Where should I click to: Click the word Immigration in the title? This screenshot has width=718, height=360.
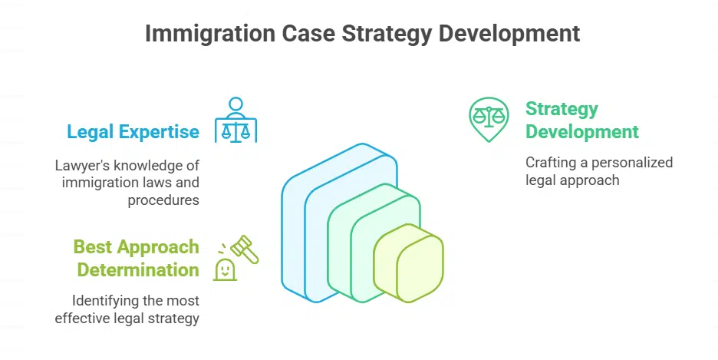click(209, 34)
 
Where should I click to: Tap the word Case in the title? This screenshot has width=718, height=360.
click(308, 34)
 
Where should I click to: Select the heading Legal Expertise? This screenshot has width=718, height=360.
click(133, 132)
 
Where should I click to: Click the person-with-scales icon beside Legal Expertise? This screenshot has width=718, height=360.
click(235, 120)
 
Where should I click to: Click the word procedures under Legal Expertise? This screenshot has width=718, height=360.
click(163, 200)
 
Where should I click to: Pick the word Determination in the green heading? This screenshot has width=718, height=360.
click(138, 269)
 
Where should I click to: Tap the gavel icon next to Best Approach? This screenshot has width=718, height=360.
click(244, 249)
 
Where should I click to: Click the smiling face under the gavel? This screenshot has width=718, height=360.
click(225, 269)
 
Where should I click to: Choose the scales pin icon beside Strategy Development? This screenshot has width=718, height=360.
click(489, 119)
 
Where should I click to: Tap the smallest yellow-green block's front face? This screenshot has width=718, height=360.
click(420, 269)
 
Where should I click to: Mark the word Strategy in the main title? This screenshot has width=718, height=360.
click(387, 34)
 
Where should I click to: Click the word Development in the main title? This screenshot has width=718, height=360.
click(509, 34)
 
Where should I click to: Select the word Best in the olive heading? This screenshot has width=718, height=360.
click(91, 246)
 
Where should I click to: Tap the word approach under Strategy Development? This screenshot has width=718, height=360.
click(591, 180)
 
